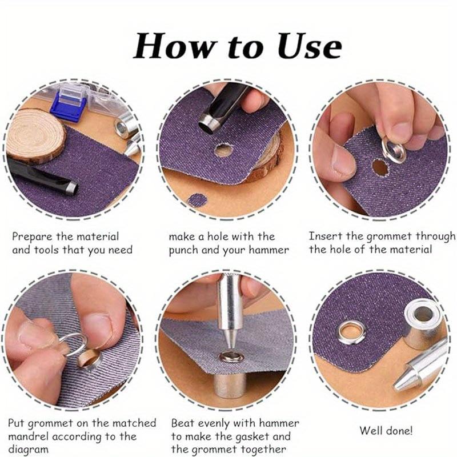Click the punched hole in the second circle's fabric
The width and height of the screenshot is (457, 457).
(223, 151)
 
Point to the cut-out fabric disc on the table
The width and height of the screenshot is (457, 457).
(198, 200)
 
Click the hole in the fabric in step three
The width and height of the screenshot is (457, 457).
(379, 167)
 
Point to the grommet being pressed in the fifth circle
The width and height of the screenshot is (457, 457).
(232, 357)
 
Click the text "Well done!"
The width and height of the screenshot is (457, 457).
(386, 430)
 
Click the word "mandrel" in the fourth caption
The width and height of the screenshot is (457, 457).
(29, 437)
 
